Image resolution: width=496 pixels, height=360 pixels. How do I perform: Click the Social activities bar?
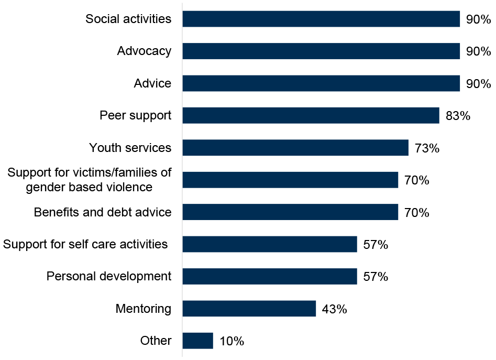pos(321,19)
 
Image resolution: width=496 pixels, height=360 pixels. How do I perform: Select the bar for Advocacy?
pos(321,51)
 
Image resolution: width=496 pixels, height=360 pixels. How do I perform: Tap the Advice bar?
pos(321,84)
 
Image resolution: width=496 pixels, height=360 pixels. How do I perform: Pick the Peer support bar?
pos(311,116)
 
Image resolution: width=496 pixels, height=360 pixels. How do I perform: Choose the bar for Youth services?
pos(295,148)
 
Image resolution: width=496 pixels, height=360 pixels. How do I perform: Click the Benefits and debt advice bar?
pos(290,212)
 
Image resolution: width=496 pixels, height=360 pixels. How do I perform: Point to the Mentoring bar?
pos(249,309)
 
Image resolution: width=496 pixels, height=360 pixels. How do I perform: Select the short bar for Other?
pos(198,341)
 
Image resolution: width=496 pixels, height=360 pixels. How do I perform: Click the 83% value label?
pos(458,116)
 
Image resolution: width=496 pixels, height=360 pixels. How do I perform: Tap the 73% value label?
pos(427,148)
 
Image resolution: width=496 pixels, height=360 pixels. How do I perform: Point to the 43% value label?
pos(334,309)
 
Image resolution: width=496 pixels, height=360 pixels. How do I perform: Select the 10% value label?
pos(232,341)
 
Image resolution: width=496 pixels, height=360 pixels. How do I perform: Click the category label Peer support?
pos(136,115)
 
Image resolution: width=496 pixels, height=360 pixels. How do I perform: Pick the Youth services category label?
pos(130,148)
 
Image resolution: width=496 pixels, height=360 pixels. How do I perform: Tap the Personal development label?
pos(109,276)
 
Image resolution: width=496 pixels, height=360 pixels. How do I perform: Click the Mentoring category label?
pos(144,309)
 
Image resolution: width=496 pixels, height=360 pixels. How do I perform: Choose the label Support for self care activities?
pos(85,244)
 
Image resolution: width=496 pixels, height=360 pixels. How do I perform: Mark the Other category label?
pos(156,341)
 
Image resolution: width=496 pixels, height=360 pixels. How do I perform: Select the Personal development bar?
pos(270,276)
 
